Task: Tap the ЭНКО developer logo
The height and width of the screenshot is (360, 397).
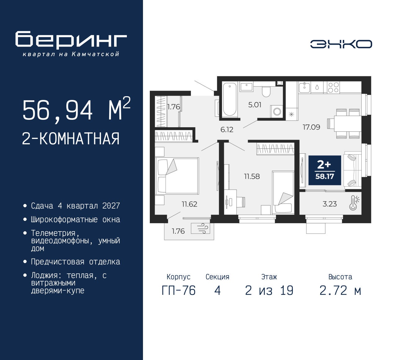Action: click(341, 44)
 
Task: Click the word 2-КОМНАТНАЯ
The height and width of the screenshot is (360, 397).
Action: click(71, 139)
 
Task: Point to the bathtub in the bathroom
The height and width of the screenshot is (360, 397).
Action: click(230, 99)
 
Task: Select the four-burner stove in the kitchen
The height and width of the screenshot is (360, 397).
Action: click(333, 88)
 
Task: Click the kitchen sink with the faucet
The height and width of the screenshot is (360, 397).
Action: click(304, 87)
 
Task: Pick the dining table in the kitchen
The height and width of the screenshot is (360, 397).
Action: click(347, 124)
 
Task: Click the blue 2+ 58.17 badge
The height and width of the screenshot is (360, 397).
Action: click(325, 170)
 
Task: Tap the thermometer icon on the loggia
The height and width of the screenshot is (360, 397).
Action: click(354, 203)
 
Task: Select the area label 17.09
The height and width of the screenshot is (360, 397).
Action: click(311, 127)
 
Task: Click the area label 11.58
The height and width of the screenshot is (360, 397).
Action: click(252, 176)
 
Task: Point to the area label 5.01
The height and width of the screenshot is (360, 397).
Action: click(255, 105)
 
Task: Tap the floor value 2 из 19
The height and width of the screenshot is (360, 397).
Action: click(269, 290)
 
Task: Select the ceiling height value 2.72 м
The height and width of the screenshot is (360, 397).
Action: click(340, 290)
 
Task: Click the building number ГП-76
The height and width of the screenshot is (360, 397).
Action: click(179, 290)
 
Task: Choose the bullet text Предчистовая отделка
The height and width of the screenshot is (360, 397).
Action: click(75, 262)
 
